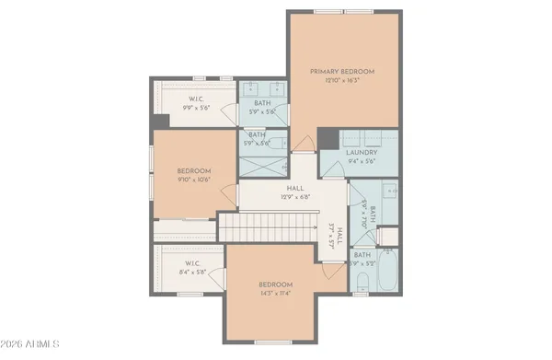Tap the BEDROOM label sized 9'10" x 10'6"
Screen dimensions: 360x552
pyautogui.click(x=194, y=170)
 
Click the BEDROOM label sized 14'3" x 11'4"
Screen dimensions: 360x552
pyautogui.click(x=275, y=285)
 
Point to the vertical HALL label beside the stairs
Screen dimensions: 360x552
pyautogui.click(x=339, y=236)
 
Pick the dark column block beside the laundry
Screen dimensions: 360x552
pyautogui.click(x=328, y=138)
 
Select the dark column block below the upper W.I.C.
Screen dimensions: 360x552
pyautogui.click(x=161, y=122)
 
